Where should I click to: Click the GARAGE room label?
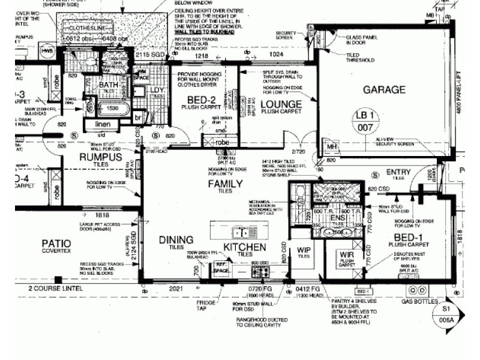point(384,90)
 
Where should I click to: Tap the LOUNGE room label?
point(281,104)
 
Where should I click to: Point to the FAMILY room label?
point(225,184)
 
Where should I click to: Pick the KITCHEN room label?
point(244,247)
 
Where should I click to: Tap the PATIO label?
point(56,243)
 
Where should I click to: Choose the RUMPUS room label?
point(100,157)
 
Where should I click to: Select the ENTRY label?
point(398,173)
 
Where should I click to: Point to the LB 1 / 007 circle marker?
point(366,121)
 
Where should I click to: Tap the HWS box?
point(47,52)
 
